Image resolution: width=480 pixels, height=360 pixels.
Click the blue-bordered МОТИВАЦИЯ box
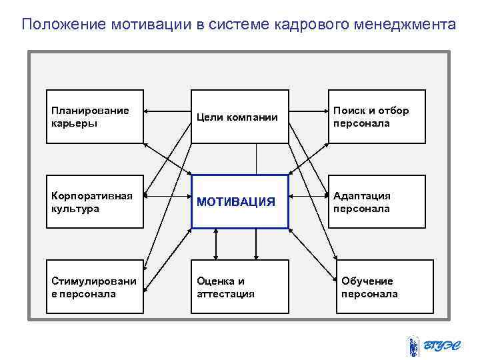pyautogui.click(x=240, y=201)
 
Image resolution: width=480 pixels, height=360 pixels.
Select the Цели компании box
pyautogui.click(x=240, y=117)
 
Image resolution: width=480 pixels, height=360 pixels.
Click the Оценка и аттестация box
pyautogui.click(x=240, y=287)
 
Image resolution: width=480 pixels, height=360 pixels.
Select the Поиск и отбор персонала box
pyautogui.click(x=376, y=117)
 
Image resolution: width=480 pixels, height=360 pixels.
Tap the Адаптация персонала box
pyautogui.click(x=376, y=202)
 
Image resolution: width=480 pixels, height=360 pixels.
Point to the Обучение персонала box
pyautogui.click(x=384, y=287)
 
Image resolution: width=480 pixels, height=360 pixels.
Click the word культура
pyautogui.click(x=74, y=209)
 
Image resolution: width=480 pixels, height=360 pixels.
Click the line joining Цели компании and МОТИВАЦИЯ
pyautogui.click(x=257, y=159)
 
